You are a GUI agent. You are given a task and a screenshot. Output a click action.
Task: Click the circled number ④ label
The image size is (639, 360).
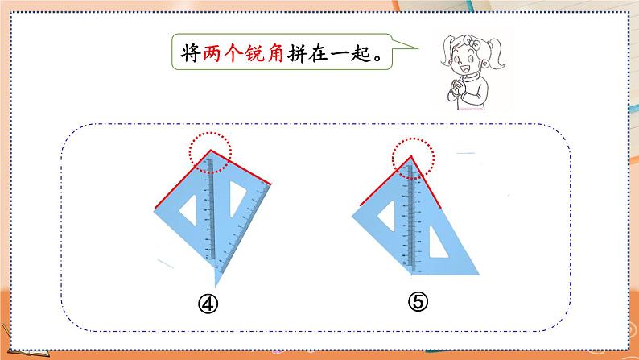(x=208, y=304)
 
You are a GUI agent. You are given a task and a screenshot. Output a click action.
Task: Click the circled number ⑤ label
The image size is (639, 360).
(x=418, y=302)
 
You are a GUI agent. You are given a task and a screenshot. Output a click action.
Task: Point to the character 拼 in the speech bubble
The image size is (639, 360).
(x=297, y=53)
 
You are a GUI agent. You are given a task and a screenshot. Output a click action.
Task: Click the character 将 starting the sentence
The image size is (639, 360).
(x=191, y=53)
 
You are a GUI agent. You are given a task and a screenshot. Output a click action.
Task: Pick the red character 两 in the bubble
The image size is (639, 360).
(x=212, y=53)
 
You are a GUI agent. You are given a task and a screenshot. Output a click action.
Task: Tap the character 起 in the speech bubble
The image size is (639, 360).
(x=361, y=53)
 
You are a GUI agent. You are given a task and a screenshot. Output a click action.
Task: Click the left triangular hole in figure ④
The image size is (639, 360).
(x=189, y=210)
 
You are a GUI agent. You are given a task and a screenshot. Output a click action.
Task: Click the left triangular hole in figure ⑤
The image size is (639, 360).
(x=388, y=215)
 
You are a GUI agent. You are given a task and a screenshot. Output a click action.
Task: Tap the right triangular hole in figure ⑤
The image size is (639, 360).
(x=437, y=245)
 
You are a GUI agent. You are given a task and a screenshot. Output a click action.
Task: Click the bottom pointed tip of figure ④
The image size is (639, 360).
(x=216, y=287)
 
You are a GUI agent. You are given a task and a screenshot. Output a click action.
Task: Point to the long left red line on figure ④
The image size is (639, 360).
(x=183, y=180)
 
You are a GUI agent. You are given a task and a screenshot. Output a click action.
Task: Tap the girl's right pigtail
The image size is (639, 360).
(x=497, y=53)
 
